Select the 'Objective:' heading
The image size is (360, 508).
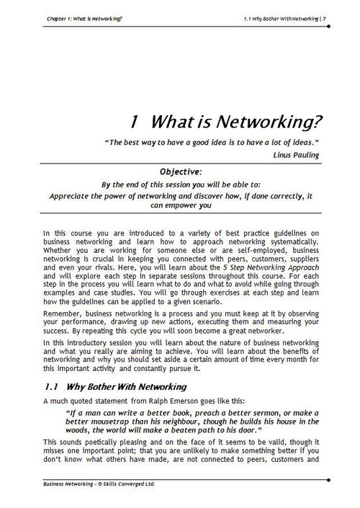tap(186, 172)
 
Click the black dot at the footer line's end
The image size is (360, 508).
tap(328, 478)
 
